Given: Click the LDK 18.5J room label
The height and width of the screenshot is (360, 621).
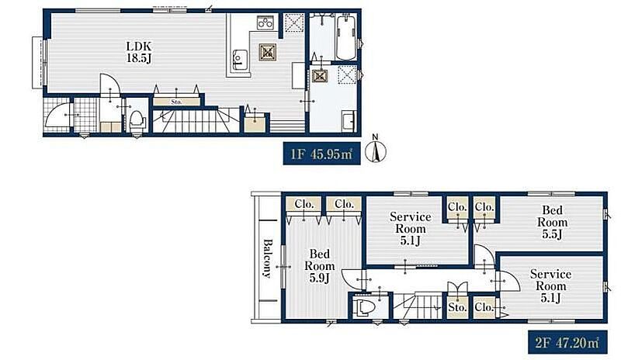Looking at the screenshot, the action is click(x=139, y=52).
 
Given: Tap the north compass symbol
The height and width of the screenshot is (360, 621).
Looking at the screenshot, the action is click(x=376, y=149).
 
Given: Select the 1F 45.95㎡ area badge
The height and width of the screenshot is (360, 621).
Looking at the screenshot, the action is click(x=321, y=154).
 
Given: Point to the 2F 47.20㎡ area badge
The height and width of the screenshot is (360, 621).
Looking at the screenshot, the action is click(x=567, y=343).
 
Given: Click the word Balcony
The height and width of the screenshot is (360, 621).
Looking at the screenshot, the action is click(x=268, y=258).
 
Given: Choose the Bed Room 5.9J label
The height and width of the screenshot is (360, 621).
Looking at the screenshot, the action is click(x=319, y=266).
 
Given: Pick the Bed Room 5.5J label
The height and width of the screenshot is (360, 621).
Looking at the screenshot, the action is click(x=552, y=222).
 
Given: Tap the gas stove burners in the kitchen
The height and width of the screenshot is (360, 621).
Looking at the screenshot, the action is click(x=265, y=23).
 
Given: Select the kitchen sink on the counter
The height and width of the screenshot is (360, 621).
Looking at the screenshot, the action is click(x=239, y=60).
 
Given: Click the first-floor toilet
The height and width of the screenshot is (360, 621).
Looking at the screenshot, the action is click(x=137, y=121).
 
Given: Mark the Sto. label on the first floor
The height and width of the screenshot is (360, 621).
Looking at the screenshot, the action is click(x=176, y=102).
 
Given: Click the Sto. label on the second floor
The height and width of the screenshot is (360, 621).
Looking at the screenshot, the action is click(x=457, y=307).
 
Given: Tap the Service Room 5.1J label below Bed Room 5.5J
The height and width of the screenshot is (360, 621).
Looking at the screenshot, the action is click(x=550, y=286).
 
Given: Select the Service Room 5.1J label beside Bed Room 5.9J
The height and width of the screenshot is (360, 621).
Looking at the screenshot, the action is click(x=411, y=229).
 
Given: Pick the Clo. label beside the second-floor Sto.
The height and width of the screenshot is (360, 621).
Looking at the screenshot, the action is click(x=484, y=307).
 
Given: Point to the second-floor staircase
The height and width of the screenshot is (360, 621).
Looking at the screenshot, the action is click(x=418, y=306).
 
